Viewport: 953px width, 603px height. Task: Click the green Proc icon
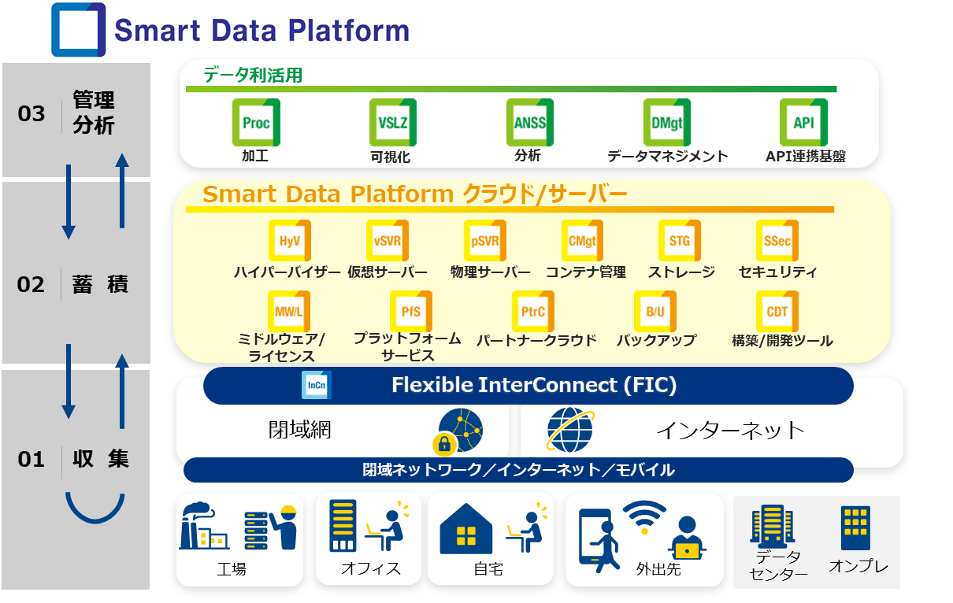256,123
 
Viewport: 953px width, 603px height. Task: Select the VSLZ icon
393,123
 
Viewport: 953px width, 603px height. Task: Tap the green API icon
803,123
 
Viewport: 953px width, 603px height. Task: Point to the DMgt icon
666,123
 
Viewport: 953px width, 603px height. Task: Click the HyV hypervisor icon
290,240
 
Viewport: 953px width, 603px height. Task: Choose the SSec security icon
777,240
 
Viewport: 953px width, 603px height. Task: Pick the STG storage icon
680,240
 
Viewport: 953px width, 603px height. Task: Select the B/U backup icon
655,311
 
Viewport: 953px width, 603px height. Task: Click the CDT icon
777,311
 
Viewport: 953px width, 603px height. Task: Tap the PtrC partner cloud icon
533,311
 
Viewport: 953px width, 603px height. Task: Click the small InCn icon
316,385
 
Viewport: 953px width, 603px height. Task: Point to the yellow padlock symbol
444,444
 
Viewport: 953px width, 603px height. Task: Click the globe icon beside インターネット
570,430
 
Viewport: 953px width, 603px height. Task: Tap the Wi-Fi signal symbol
644,516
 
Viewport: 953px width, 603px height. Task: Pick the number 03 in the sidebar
31,113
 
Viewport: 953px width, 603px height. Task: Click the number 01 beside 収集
31,459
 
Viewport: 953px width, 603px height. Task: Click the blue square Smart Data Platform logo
78,30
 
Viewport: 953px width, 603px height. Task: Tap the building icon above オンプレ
855,528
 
